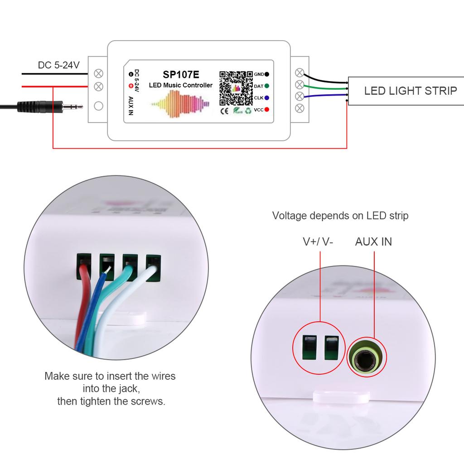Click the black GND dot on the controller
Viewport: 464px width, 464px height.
coord(267,74)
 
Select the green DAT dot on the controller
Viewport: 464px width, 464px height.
coord(267,86)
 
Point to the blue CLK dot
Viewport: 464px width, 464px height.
coord(267,97)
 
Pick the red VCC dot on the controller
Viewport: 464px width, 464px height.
coord(267,109)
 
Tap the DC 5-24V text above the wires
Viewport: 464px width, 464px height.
coord(58,65)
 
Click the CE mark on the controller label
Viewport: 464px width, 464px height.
coord(224,110)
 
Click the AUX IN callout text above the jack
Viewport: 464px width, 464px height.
coord(373,242)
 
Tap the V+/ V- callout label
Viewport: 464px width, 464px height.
coord(318,242)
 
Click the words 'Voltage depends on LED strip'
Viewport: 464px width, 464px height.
coord(340,216)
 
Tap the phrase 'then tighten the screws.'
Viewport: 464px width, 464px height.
coord(111,401)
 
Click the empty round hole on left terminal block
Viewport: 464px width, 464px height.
coord(98,106)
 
